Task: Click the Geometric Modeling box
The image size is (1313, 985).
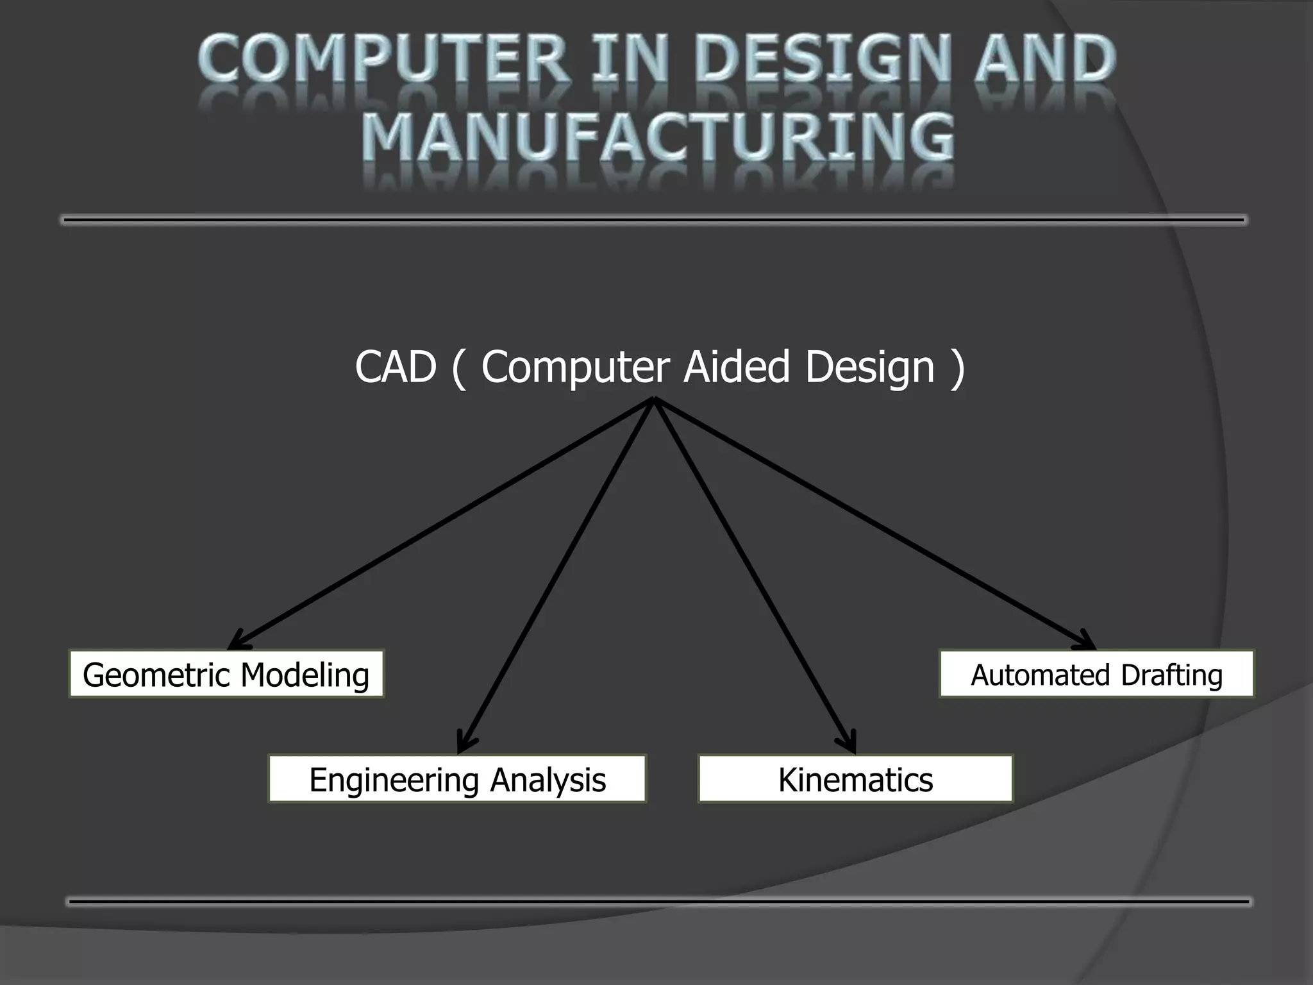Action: tap(226, 674)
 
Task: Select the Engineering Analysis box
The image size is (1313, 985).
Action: tap(457, 779)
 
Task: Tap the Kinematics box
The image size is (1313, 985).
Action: tap(855, 779)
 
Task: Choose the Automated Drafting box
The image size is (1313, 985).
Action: tap(1096, 674)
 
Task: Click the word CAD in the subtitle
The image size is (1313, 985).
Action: tap(395, 367)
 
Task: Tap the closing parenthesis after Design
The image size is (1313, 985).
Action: tap(958, 368)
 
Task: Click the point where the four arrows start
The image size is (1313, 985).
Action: tap(653, 400)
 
